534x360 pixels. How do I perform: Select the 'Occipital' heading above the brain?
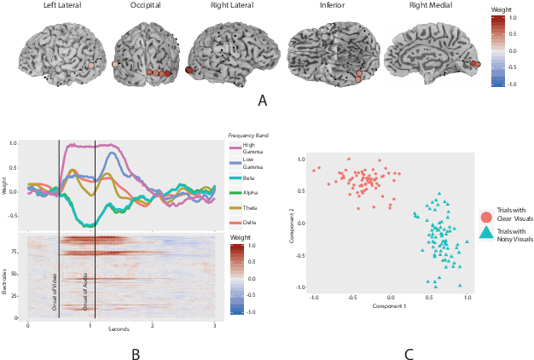146,6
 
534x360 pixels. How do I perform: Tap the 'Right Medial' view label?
431,6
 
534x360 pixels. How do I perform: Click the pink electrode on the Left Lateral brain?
91,65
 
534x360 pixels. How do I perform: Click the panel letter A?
263,100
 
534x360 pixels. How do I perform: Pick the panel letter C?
409,350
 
